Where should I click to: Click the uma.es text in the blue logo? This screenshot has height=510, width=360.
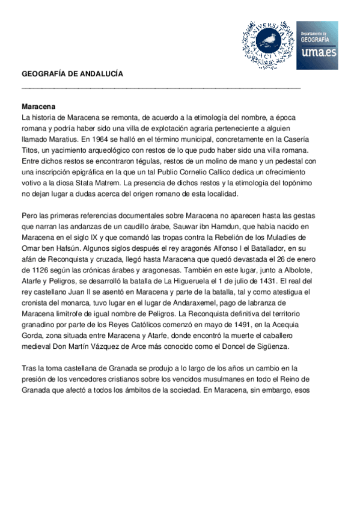click(x=317, y=54)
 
